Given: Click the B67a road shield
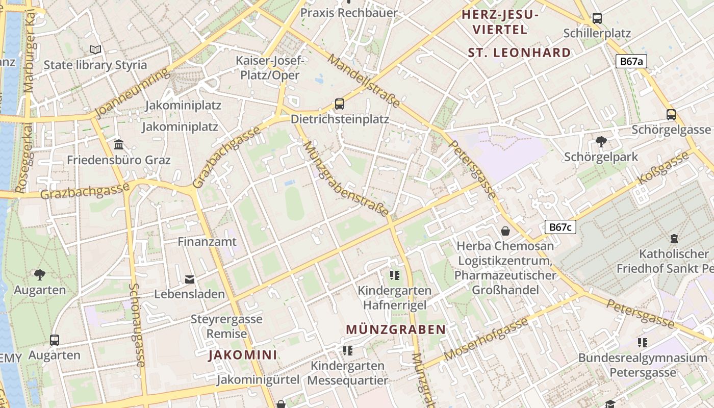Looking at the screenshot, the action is pyautogui.click(x=631, y=62).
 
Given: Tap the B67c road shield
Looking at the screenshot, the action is pyautogui.click(x=560, y=227).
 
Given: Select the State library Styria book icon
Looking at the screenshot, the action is pyautogui.click(x=95, y=49).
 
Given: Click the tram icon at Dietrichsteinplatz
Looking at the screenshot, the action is pyautogui.click(x=339, y=104).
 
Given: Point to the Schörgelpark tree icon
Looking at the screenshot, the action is pyautogui.click(x=601, y=141).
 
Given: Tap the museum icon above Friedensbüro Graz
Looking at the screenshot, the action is pyautogui.click(x=119, y=145).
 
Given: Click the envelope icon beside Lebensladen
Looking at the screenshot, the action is pyautogui.click(x=190, y=279).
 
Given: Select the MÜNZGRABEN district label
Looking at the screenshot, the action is pyautogui.click(x=396, y=329).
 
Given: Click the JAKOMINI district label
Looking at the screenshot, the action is pyautogui.click(x=243, y=355).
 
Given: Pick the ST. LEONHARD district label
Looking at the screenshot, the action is pyautogui.click(x=519, y=53).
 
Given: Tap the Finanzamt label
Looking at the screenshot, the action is pyautogui.click(x=207, y=242).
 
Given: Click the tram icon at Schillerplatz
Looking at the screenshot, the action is pyautogui.click(x=597, y=18).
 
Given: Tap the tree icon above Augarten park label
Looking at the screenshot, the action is pyautogui.click(x=40, y=275).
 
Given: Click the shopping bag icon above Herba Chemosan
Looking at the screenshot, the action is pyautogui.click(x=505, y=231).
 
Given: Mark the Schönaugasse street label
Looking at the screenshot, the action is pyautogui.click(x=137, y=325).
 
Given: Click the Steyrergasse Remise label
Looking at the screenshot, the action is pyautogui.click(x=226, y=327).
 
